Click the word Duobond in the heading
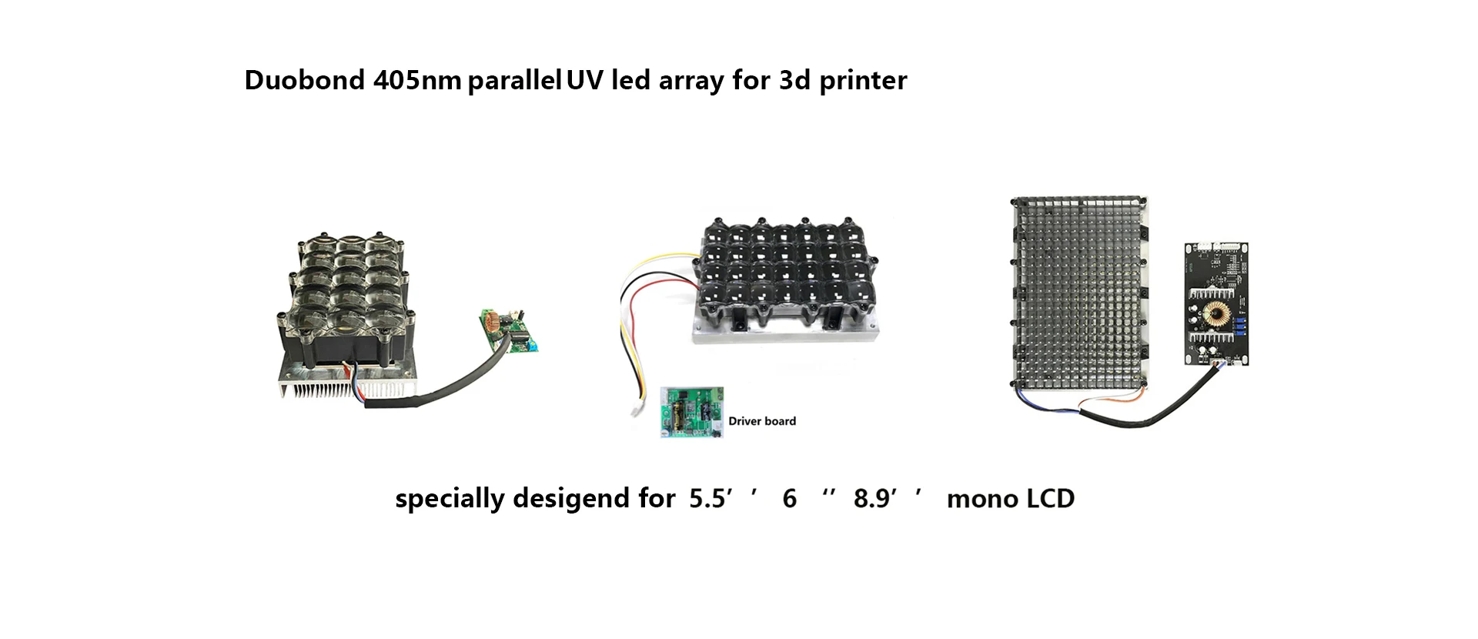tap(304, 80)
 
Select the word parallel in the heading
tap(514, 80)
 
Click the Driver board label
tap(762, 421)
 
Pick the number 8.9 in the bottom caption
tap(871, 499)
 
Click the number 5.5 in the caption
tap(707, 499)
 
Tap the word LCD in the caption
tap(1049, 499)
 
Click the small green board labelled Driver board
tap(692, 413)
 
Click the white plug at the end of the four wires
tap(637, 409)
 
